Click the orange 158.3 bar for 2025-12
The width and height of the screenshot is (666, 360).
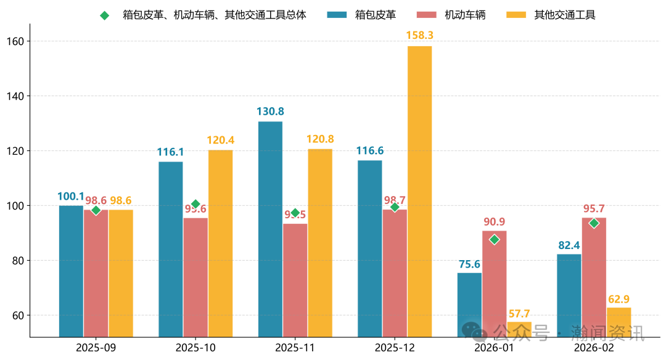pos(419,191)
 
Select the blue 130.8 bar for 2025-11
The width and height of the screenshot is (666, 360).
pos(270,228)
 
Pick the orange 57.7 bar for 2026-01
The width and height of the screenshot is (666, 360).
pos(519,329)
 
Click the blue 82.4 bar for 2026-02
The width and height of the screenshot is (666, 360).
pos(569,295)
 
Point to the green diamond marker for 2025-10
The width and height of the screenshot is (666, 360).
pos(195,204)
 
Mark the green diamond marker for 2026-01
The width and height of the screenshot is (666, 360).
pos(494,239)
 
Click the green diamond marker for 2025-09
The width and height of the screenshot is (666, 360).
pos(96,210)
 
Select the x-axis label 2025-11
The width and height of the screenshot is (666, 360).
pos(295,348)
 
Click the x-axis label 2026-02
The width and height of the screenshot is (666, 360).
pos(593,348)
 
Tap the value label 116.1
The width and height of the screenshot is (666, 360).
pos(171,152)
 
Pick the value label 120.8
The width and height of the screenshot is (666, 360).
pos(320,139)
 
